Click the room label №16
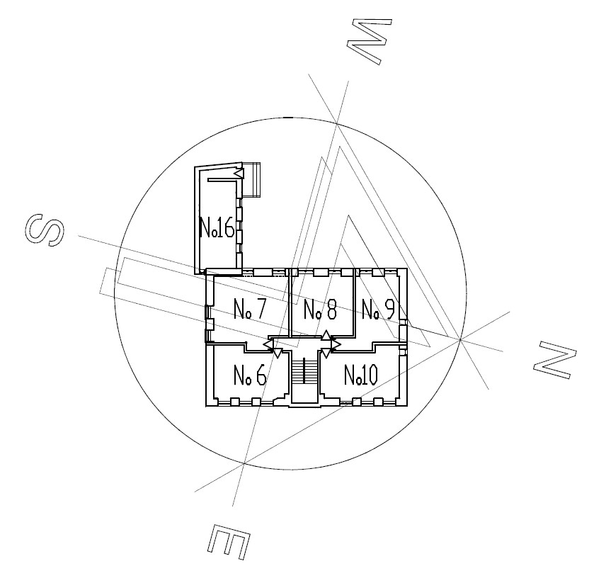(217, 227)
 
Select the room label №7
(250, 309)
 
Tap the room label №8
(320, 310)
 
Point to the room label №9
(377, 310)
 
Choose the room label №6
(250, 375)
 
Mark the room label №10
(360, 375)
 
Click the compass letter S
(45, 229)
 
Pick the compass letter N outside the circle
(555, 361)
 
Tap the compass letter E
(228, 542)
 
